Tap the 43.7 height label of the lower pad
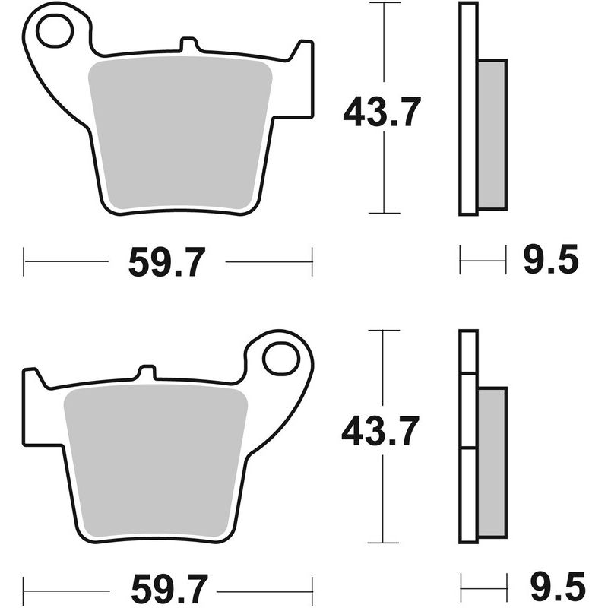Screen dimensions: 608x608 (x=380, y=432)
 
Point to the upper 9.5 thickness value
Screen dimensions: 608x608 (x=551, y=261)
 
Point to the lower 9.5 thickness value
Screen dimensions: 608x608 (x=551, y=587)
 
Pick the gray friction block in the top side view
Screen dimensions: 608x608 (x=492, y=135)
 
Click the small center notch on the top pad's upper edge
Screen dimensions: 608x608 (x=185, y=45)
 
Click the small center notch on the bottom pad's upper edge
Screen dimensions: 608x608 (x=147, y=372)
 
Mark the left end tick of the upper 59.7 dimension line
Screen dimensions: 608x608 (x=24, y=262)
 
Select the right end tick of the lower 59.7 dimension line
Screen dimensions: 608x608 (x=312, y=587)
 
